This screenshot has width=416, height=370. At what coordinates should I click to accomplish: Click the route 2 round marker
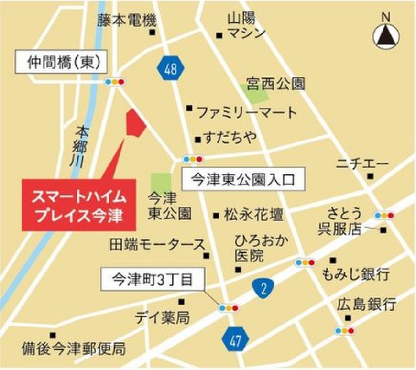coord(263,287)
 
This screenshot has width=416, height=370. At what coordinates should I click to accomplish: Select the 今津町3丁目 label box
coord(152,279)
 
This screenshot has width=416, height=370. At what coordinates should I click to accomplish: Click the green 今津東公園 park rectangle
coord(161,183)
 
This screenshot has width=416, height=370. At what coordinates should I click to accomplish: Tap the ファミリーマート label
coord(247,113)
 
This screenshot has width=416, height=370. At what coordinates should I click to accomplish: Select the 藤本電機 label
coord(127,21)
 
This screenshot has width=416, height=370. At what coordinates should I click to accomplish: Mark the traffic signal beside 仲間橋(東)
coord(115,82)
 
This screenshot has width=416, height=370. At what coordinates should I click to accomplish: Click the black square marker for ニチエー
coord(370,176)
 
